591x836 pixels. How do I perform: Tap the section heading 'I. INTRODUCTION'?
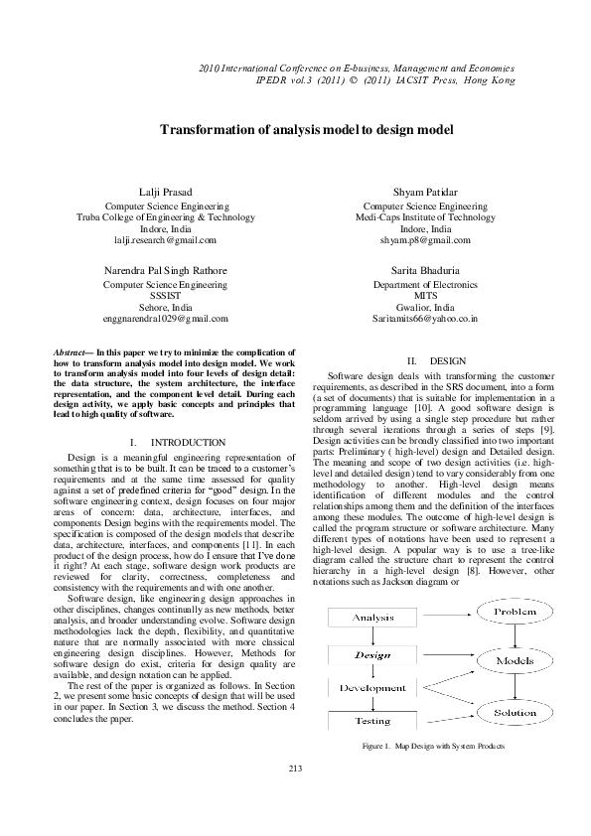[x=178, y=441]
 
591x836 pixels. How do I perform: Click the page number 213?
[x=295, y=769]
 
